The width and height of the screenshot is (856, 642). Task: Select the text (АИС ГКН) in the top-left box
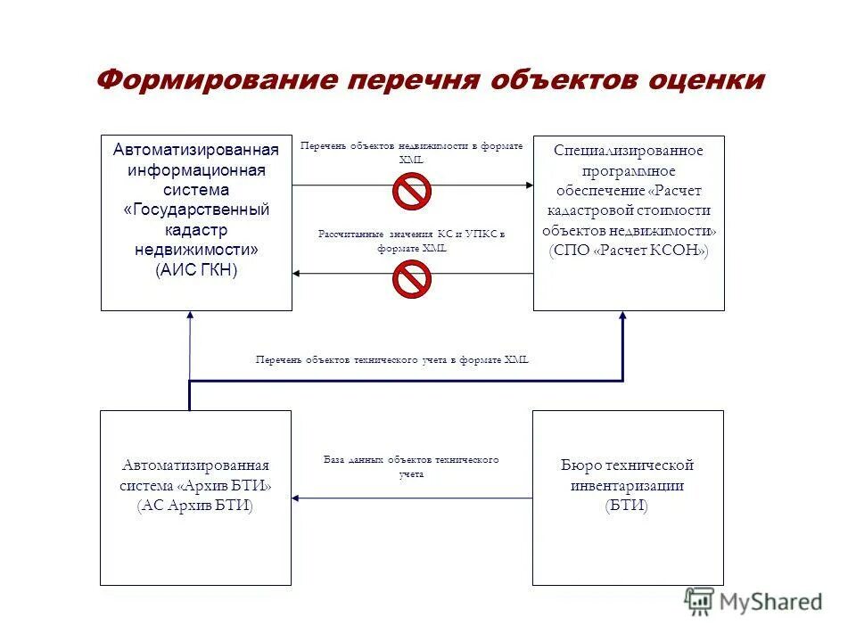[196, 270]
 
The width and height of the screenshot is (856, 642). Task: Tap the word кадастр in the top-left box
[196, 230]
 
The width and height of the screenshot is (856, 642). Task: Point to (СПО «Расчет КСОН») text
[629, 251]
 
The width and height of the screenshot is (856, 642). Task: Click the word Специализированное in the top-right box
[629, 150]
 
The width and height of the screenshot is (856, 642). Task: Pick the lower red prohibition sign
[412, 279]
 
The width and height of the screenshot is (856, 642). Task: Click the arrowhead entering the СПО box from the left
[527, 185]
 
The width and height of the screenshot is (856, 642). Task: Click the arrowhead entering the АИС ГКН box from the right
[299, 274]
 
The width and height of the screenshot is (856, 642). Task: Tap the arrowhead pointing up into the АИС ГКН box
[190, 317]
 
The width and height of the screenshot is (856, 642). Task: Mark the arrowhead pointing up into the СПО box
[622, 317]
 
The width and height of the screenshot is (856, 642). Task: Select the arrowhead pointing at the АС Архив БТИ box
[298, 498]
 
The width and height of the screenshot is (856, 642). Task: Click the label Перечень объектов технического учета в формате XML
[392, 359]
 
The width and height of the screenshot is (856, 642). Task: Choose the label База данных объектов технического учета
[411, 466]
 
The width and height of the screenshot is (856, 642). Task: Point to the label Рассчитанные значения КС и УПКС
[411, 241]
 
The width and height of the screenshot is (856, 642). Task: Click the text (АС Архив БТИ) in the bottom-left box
[195, 506]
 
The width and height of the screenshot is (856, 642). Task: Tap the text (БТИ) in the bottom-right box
[627, 506]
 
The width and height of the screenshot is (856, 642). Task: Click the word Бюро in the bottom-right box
[580, 465]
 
